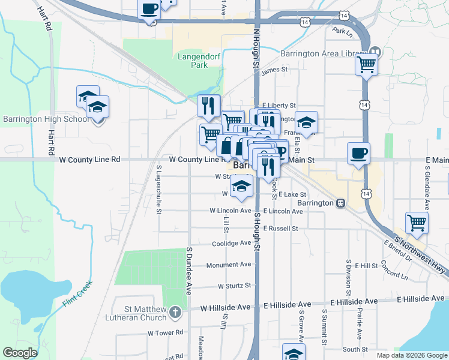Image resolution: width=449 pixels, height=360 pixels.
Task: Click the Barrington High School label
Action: point(46,119)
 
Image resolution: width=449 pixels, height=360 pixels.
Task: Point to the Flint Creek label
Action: point(75,295)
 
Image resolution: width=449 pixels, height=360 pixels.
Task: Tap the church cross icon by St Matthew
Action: point(175,312)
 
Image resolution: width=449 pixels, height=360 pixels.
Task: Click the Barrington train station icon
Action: point(340,203)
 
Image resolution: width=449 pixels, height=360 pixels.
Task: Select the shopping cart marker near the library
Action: point(366,64)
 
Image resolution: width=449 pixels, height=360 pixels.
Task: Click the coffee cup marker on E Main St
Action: point(358,154)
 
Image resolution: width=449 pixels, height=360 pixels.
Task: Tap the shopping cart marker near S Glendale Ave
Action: point(417,223)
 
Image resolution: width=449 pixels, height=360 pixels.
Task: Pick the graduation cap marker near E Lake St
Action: point(242,187)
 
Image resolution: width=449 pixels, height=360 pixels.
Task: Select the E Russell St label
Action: point(280,229)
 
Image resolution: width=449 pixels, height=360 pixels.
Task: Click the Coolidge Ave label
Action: point(232,243)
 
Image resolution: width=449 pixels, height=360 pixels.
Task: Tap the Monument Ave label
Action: point(229,265)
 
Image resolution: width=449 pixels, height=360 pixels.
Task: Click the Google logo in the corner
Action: point(20,353)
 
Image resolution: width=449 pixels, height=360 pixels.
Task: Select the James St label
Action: point(275,71)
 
